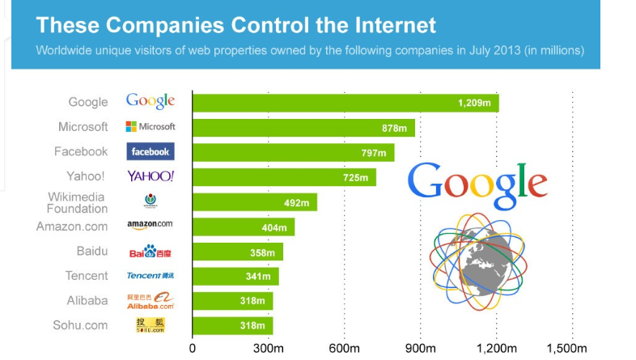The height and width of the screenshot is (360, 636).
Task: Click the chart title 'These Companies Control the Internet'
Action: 236,24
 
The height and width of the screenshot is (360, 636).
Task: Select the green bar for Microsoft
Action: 303,128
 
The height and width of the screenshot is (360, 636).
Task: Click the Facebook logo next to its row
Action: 151,151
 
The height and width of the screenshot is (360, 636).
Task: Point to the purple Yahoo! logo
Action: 151,176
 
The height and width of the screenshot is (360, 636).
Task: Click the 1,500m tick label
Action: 566,349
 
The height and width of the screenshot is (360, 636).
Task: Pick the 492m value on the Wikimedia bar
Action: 295,202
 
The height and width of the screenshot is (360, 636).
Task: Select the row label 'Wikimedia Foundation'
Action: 77,202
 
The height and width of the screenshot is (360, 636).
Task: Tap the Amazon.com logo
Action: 150,224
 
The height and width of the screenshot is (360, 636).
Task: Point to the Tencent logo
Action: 151,276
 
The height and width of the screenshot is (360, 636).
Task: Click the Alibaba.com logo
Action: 151,301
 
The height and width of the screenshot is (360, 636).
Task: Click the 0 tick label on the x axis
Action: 192,349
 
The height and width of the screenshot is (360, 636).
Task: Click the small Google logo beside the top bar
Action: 151,101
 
